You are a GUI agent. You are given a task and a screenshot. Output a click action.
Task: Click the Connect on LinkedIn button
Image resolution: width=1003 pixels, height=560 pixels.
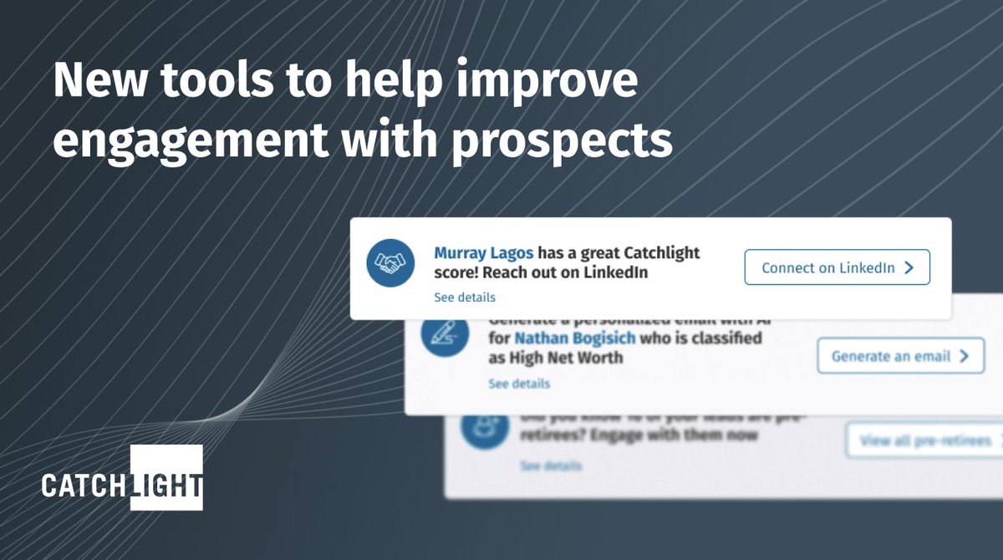[x=837, y=268]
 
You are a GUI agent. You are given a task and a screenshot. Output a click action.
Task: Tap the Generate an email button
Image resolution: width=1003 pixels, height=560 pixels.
[x=900, y=356]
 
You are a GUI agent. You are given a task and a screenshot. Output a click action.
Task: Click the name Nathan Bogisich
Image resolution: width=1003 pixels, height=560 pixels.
[x=574, y=339]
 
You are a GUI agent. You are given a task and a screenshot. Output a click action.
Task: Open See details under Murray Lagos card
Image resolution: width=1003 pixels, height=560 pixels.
[x=465, y=298]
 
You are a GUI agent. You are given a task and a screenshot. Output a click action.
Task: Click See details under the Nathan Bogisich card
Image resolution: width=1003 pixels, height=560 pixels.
[x=519, y=384]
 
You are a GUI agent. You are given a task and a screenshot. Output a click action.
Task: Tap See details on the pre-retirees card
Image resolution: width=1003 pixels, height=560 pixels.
[x=551, y=466]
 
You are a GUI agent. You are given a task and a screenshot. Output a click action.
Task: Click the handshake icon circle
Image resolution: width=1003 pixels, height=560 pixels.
[x=391, y=263]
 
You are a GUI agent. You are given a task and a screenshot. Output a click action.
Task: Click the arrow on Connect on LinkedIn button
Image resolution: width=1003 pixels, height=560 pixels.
[x=909, y=268]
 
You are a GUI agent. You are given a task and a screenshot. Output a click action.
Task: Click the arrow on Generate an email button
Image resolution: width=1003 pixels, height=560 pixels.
[x=964, y=356]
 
